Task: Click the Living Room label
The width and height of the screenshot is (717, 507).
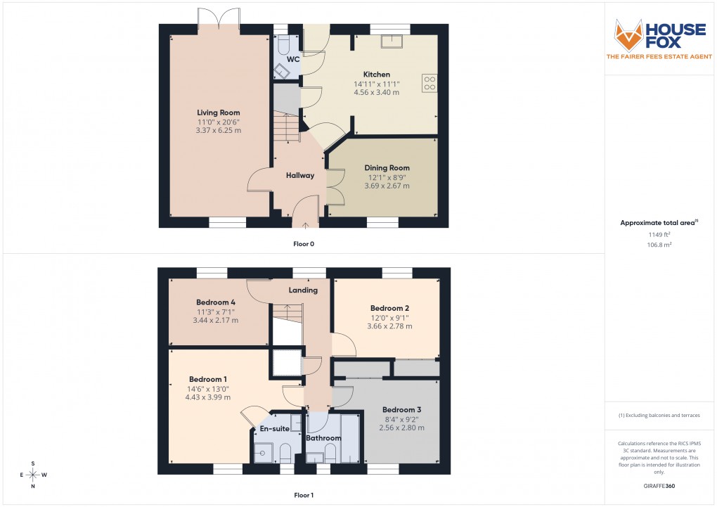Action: pyautogui.click(x=218, y=113)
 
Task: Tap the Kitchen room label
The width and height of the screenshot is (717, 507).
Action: pyautogui.click(x=376, y=75)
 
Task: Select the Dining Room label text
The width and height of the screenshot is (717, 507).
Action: pyautogui.click(x=387, y=168)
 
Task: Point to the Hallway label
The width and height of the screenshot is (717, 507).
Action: pyautogui.click(x=299, y=175)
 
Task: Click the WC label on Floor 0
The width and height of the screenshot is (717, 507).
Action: pyautogui.click(x=293, y=59)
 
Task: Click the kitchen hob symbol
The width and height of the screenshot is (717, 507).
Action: pyautogui.click(x=429, y=83)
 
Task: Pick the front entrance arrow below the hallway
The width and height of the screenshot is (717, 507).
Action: pyautogui.click(x=305, y=226)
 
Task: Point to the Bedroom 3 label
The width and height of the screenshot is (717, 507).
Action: pyautogui.click(x=401, y=409)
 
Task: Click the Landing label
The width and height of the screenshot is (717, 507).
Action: pyautogui.click(x=303, y=290)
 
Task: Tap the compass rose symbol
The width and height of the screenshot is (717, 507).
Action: pyautogui.click(x=32, y=475)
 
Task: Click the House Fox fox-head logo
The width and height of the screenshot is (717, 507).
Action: pyautogui.click(x=629, y=33)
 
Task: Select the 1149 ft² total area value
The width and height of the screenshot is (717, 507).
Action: pyautogui.click(x=659, y=235)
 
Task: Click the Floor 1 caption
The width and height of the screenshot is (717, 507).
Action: pyautogui.click(x=304, y=495)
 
